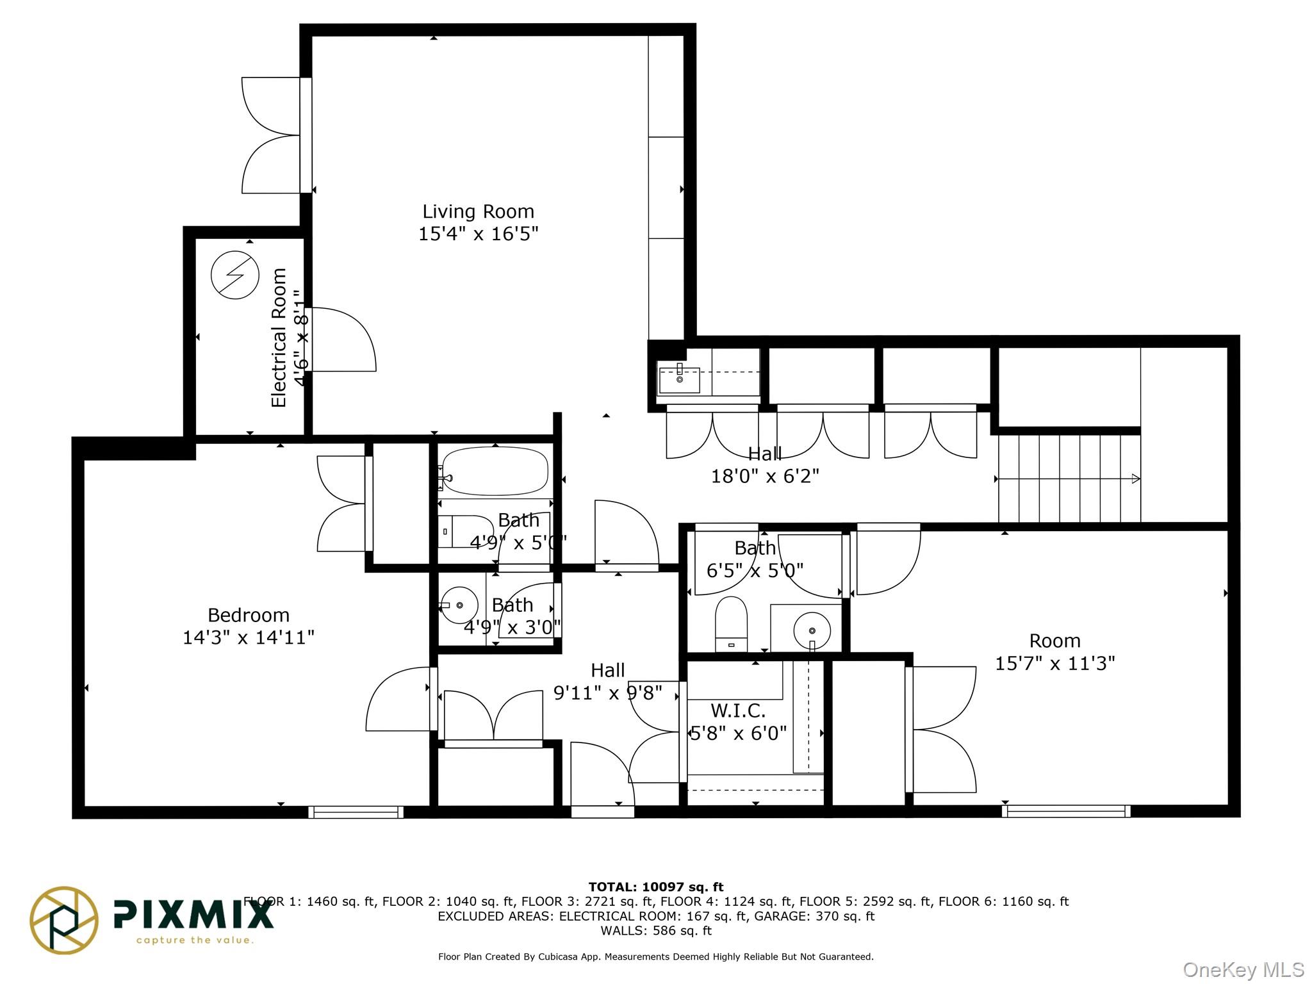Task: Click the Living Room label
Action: coord(478,211)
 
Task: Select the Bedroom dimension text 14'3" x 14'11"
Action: coord(249,637)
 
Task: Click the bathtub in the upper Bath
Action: coord(494,471)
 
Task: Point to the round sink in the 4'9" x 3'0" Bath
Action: coord(460,605)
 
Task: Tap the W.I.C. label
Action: coord(738,710)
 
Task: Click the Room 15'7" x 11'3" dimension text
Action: coord(1054,663)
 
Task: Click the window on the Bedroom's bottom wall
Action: coord(356,812)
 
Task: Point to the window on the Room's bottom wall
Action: coord(1066,811)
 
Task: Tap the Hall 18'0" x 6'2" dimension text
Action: coord(765,476)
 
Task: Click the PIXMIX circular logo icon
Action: coord(64,920)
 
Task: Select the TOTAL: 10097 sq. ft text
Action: coord(656,887)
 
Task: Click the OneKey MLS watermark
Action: coord(1243,970)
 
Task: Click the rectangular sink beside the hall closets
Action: coord(679,381)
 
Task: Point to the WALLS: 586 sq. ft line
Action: coord(656,931)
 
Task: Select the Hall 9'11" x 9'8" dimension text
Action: coord(607,693)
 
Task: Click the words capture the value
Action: coord(195,940)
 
